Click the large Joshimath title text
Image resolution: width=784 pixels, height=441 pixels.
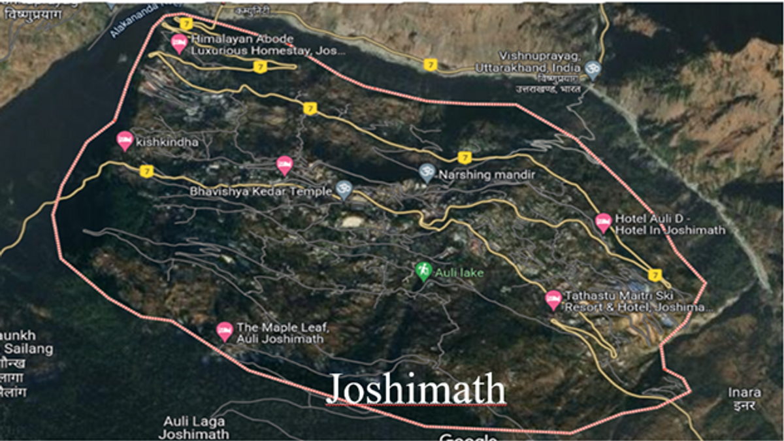[x=416, y=389]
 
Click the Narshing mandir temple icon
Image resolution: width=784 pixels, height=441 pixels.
[x=427, y=173]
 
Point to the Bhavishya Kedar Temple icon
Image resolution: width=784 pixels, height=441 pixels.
[x=344, y=190]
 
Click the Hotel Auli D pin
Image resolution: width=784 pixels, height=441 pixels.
[x=604, y=223]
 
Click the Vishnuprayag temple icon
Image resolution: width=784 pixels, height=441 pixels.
[x=593, y=69]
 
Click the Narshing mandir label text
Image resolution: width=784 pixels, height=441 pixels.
[x=487, y=175]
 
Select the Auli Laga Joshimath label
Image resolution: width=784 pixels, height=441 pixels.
[x=196, y=427]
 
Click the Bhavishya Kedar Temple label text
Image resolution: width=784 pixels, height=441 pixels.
[x=261, y=192]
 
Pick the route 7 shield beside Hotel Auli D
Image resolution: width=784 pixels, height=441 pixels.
[x=656, y=274]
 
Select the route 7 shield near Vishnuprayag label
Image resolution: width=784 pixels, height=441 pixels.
[x=429, y=65]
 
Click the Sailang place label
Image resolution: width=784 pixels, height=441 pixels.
[x=26, y=349]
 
